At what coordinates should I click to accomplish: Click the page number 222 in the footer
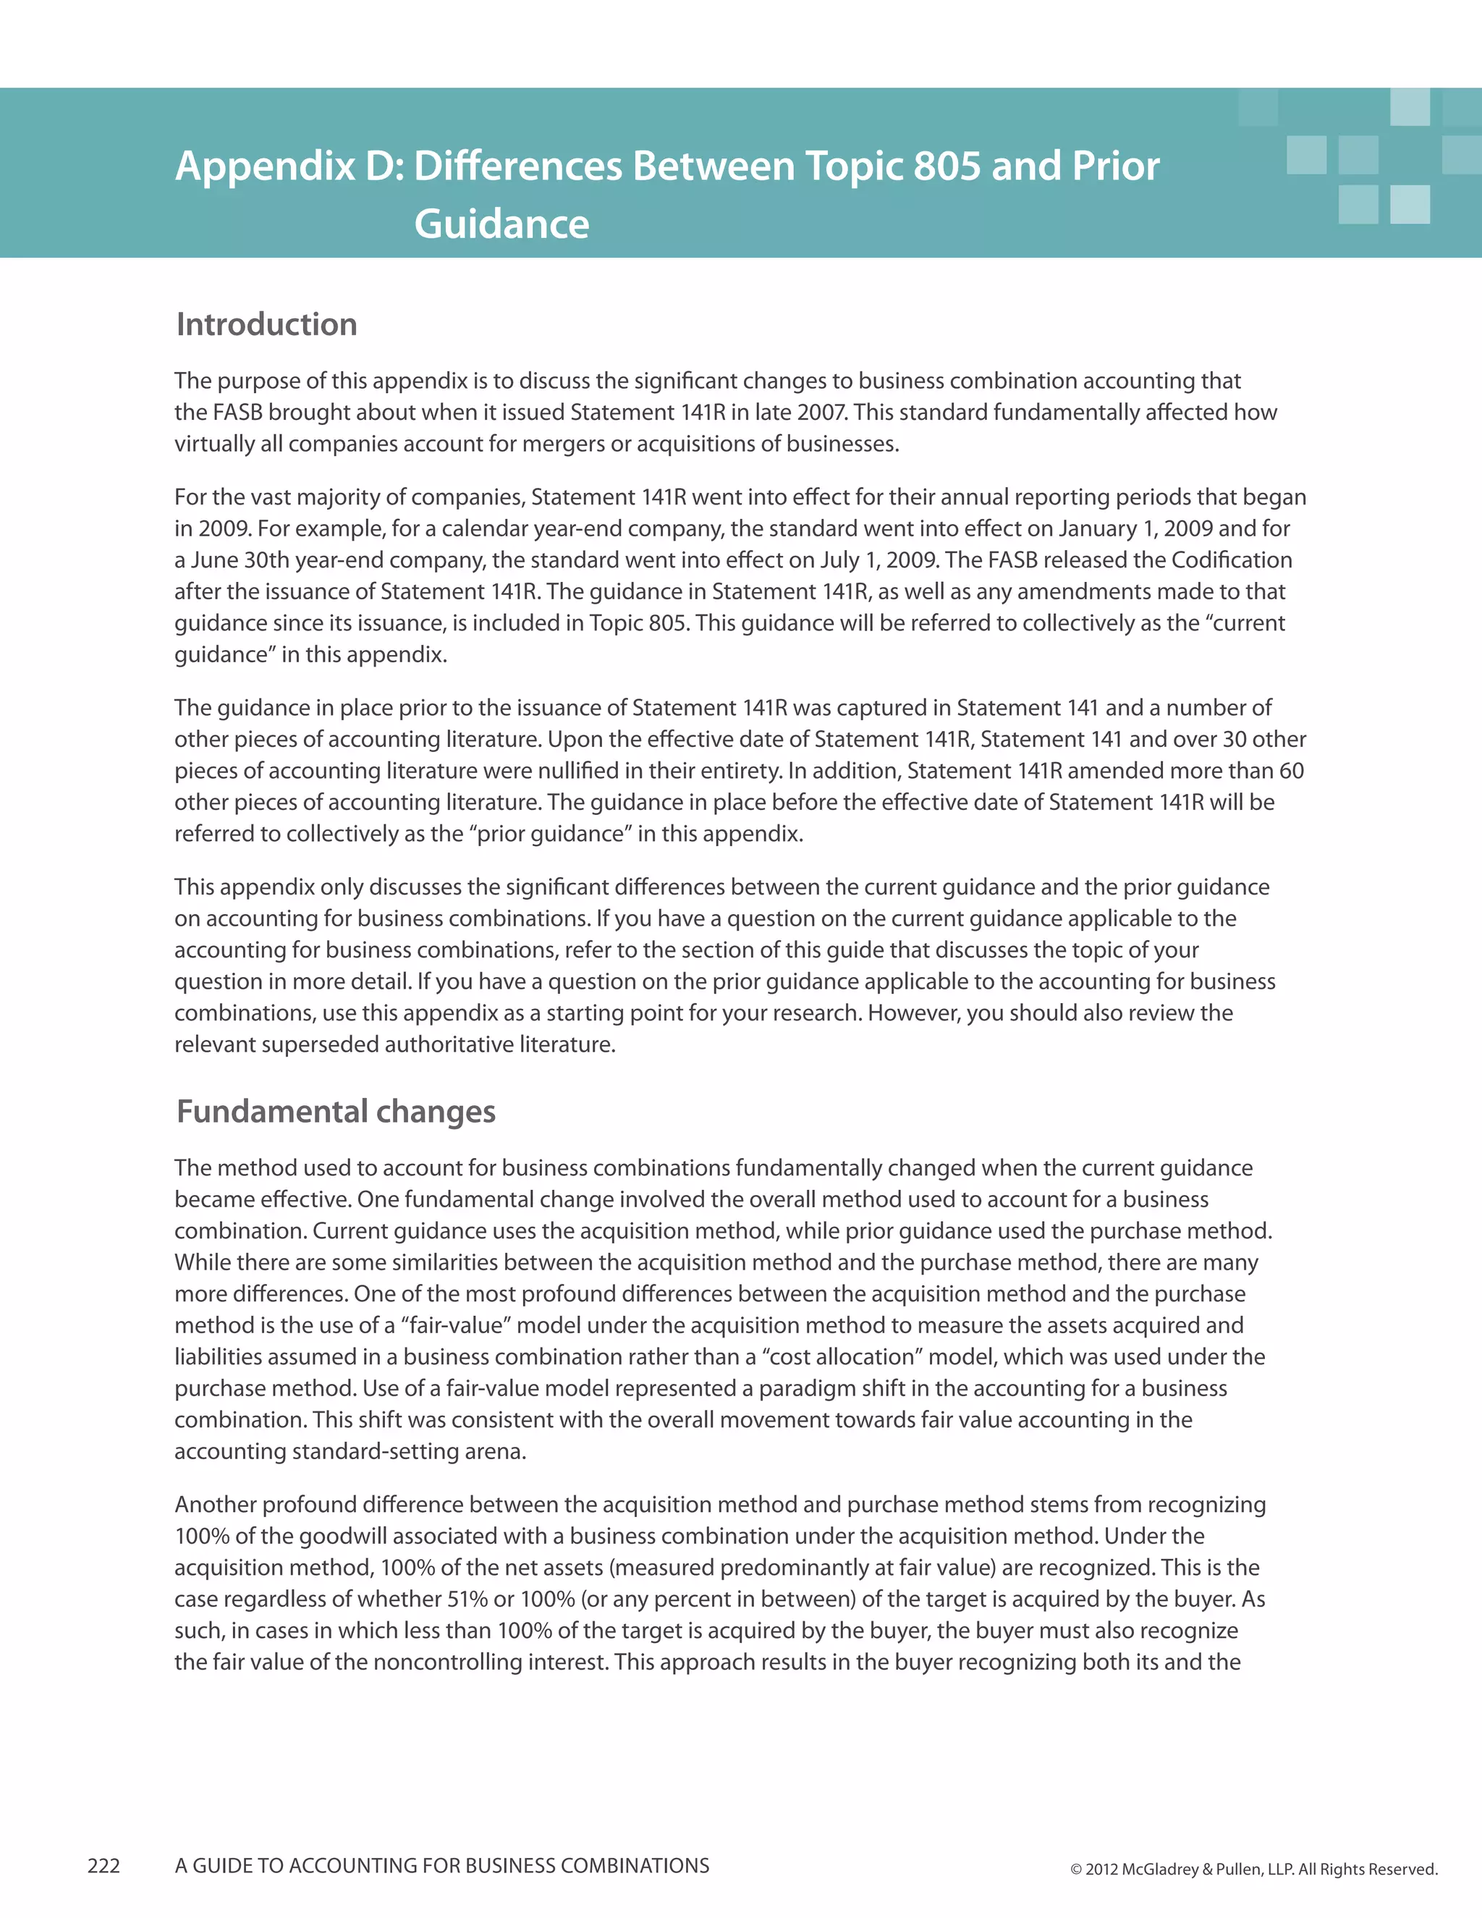[x=103, y=1865]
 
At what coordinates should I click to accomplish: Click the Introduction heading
[x=267, y=324]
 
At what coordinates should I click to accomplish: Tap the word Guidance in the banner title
[x=501, y=223]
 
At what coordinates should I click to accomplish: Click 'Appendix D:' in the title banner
[x=289, y=165]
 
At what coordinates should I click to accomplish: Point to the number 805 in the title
[x=946, y=165]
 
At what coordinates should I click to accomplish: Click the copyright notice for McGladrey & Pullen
[x=1254, y=1869]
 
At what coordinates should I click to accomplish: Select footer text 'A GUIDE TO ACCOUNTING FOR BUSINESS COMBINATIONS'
[x=441, y=1865]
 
